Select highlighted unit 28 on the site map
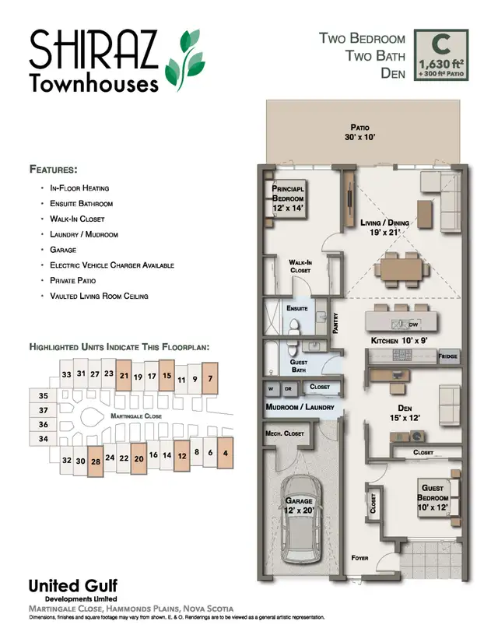coord(96,460)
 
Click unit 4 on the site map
coord(225,451)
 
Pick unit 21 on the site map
coord(124,374)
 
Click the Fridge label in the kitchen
coord(447,356)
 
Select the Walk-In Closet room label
coord(300,267)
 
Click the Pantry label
coord(335,323)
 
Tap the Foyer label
coord(359,558)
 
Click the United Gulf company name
coord(72,586)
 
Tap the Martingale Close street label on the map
coord(135,417)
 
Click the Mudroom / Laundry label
coord(300,407)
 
